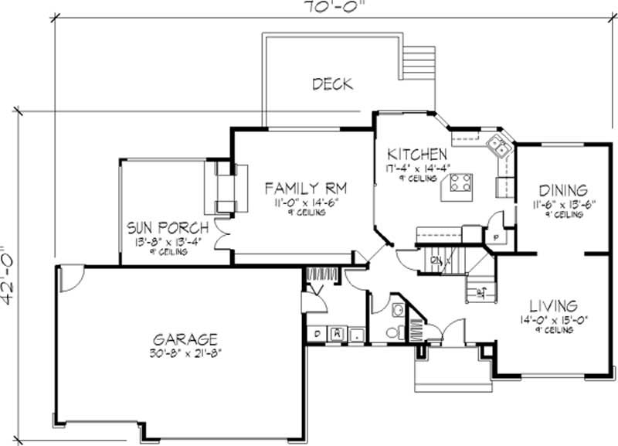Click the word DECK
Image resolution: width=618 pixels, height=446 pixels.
click(x=332, y=83)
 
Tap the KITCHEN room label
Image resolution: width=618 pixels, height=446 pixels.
click(x=417, y=153)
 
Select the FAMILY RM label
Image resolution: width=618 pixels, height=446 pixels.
click(x=306, y=188)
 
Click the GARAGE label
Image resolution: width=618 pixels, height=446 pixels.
click(x=185, y=339)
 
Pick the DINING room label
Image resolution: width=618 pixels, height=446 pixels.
click(x=563, y=189)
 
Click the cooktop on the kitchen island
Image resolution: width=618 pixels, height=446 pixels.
click(x=461, y=183)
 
